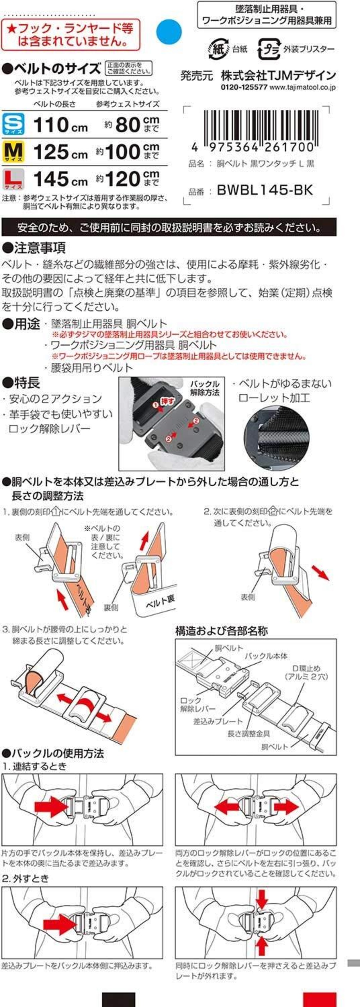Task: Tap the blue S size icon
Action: point(13,123)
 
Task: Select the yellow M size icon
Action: point(13,151)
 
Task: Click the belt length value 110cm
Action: point(60,125)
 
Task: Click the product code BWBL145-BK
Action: point(265,190)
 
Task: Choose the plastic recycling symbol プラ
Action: point(269,49)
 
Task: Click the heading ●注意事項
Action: point(34,248)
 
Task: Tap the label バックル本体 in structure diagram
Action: point(266,656)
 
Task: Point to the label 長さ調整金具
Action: point(249,733)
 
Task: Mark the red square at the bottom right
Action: point(320,1000)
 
